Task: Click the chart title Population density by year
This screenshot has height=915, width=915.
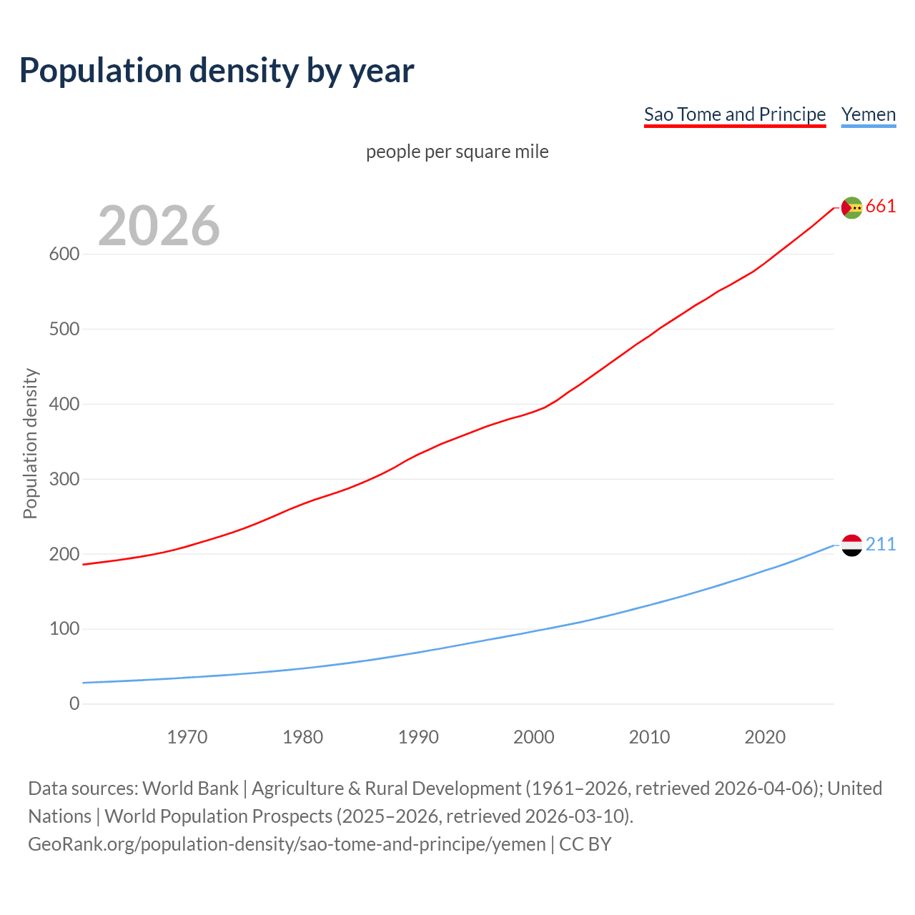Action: coord(217,71)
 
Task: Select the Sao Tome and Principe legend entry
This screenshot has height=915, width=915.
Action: coord(734,114)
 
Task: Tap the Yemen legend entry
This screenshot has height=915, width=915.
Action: coord(868,114)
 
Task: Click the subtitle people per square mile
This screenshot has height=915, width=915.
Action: coord(457,152)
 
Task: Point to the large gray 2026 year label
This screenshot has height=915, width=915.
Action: coord(159,226)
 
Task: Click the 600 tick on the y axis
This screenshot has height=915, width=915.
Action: coord(64,254)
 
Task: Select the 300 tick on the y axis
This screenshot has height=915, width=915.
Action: coord(64,479)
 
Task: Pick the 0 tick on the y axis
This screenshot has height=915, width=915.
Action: coord(74,703)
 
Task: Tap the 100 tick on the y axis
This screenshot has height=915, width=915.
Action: coord(64,629)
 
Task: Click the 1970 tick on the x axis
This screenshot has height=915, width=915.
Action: coord(187,737)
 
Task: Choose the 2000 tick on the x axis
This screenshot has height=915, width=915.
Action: coord(534,737)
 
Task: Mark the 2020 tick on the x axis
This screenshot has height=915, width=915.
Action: coord(765,737)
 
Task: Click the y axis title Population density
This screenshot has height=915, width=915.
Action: coord(30,443)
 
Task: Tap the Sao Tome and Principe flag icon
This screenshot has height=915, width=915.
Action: coord(851,207)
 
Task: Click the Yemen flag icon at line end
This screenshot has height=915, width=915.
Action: coord(851,545)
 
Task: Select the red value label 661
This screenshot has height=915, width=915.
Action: coord(881,207)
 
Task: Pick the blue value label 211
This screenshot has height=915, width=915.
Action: coord(881,545)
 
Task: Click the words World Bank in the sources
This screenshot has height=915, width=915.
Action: coord(190,788)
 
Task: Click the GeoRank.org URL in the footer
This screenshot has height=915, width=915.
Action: coord(287,844)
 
